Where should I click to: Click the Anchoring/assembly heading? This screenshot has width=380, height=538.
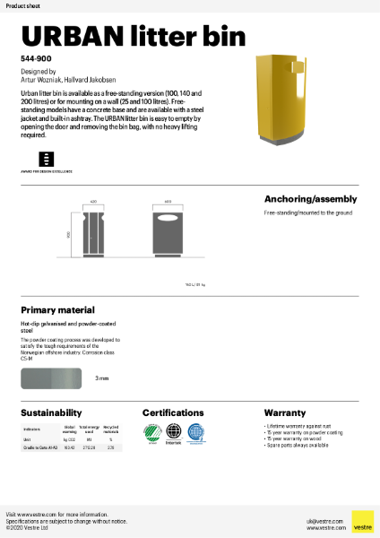tap(310, 199)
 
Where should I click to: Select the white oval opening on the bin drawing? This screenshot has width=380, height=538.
tap(168, 221)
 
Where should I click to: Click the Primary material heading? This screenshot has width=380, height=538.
tap(57, 309)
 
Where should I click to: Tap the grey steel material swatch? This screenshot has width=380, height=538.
tap(51, 377)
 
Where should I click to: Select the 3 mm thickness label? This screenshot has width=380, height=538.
tap(102, 378)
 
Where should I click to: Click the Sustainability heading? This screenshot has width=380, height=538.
tap(52, 413)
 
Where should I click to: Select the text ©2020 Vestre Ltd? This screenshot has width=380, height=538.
tap(28, 528)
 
